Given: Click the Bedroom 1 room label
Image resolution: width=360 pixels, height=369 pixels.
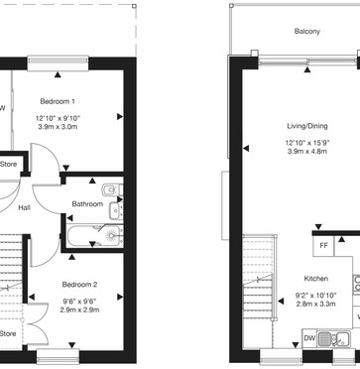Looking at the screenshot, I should coord(58,102).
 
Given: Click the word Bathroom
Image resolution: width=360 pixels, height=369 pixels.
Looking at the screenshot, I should coord(87,204).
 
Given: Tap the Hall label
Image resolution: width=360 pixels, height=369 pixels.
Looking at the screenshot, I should coord(23,208).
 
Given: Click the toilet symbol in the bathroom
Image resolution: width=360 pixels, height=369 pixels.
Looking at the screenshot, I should coord(111,188).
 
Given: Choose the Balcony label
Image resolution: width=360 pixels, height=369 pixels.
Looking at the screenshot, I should coord(306,32).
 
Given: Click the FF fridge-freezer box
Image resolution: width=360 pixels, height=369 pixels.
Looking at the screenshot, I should coord(323,246).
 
